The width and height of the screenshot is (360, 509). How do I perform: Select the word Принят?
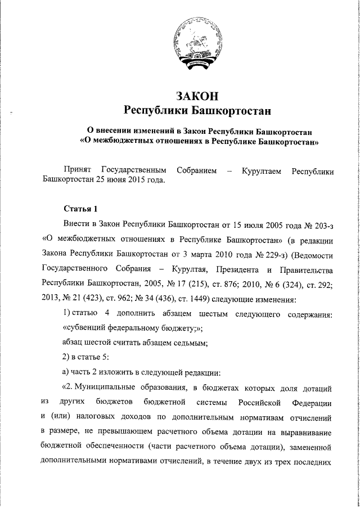pos(78,170)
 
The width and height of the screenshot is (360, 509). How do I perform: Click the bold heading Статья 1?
pos(81,209)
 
